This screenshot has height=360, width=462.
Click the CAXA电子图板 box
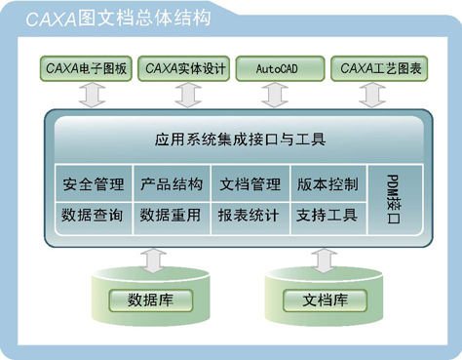pyautogui.click(x=87, y=68)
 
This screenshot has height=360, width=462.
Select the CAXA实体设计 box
pyautogui.click(x=184, y=68)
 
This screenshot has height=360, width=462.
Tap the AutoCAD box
pyautogui.click(x=278, y=68)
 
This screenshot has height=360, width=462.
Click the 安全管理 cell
pyautogui.click(x=92, y=183)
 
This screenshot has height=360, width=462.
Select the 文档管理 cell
pyautogui.click(x=250, y=183)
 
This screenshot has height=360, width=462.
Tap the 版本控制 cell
pyautogui.click(x=327, y=183)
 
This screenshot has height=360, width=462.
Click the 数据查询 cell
pyautogui.click(x=92, y=215)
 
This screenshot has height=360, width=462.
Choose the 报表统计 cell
pyautogui.click(x=250, y=215)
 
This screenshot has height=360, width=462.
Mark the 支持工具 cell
pyautogui.click(x=327, y=215)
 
